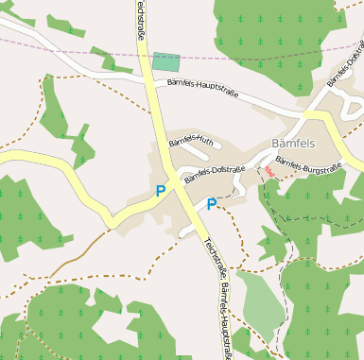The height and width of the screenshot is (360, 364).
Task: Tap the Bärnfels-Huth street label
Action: pos(192,144)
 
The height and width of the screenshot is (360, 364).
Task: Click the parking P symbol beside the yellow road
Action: pos(161,191)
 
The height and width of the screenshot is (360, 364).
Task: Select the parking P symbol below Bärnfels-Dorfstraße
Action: pos(212,203)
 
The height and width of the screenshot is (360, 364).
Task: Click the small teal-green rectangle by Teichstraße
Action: pos(166,62)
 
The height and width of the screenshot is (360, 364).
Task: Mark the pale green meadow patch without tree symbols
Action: pos(258,298)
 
